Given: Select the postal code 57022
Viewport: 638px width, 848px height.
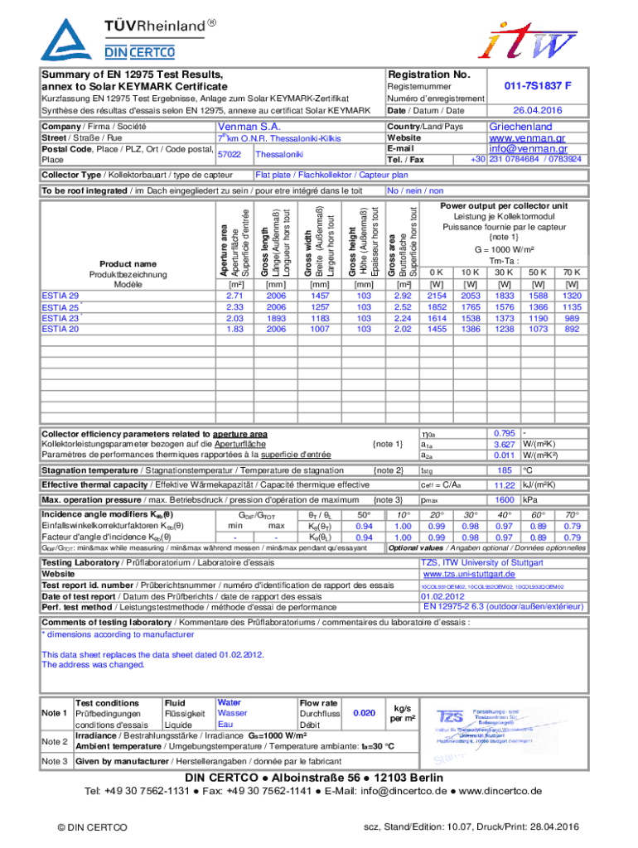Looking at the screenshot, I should (x=229, y=154).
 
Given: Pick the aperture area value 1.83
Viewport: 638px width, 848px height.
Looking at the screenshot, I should (x=234, y=329).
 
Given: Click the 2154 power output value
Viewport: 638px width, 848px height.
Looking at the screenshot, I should (x=437, y=296).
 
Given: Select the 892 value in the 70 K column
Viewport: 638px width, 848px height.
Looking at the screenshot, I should (x=572, y=329).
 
